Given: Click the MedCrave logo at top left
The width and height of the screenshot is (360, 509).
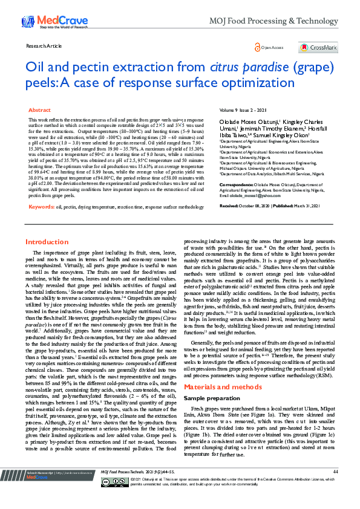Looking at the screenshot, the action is [45, 22].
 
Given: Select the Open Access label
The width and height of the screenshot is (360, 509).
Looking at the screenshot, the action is [270, 47].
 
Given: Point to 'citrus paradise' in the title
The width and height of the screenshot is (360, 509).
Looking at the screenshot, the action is [243, 66].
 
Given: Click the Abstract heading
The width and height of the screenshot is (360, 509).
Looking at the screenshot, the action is [40, 111].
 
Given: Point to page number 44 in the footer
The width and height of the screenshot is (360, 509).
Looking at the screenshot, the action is [335, 487].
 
